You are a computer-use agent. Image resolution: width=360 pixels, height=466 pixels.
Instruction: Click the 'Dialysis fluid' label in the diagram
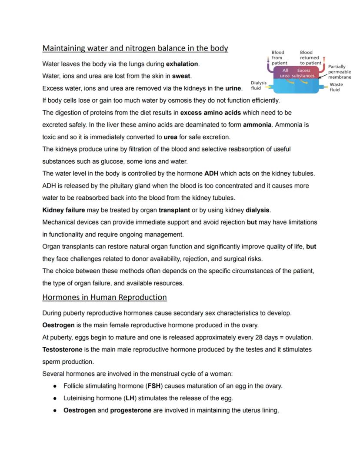click(x=258, y=85)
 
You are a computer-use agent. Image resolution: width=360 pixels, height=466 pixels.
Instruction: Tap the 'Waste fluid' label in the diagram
click(x=336, y=87)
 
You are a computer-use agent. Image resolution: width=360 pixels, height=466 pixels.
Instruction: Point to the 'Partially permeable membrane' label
click(x=339, y=72)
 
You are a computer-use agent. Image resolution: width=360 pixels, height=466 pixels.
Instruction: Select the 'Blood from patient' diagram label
click(x=279, y=57)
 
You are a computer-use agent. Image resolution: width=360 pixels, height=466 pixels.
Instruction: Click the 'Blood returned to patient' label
click(x=310, y=57)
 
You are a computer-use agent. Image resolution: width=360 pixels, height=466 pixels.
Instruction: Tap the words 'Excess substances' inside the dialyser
click(x=303, y=73)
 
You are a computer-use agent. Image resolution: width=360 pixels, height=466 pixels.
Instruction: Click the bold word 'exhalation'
click(x=182, y=64)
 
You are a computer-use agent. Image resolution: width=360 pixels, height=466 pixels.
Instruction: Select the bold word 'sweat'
click(x=181, y=76)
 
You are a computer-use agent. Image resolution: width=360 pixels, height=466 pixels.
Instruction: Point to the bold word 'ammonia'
click(x=257, y=125)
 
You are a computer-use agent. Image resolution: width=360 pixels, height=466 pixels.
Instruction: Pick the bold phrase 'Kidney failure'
click(x=63, y=210)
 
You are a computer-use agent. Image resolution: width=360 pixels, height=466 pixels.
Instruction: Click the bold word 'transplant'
click(x=174, y=210)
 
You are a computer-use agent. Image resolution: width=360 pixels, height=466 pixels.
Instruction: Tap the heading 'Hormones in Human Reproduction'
click(x=104, y=298)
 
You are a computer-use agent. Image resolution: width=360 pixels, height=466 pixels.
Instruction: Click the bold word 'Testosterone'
click(x=64, y=349)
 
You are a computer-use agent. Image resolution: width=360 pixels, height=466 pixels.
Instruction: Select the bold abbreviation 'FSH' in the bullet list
click(x=154, y=386)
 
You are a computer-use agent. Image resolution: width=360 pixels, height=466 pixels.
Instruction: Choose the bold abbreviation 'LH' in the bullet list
click(x=129, y=398)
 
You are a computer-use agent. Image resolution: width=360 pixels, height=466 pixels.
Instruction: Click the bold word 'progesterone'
click(x=131, y=410)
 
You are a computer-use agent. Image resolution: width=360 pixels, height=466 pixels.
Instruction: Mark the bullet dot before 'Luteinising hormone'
click(x=55, y=398)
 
